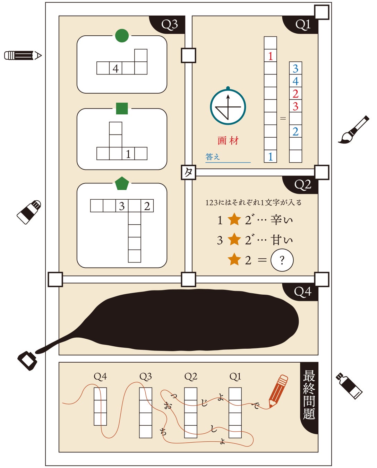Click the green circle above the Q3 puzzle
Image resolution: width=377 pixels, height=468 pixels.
[x=122, y=35]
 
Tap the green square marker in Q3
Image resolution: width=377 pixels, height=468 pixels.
[x=122, y=108]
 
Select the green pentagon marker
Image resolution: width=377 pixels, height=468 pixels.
[x=122, y=184]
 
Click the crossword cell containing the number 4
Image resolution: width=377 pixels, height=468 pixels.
[x=115, y=68]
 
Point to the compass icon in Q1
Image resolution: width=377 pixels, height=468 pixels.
[x=228, y=107]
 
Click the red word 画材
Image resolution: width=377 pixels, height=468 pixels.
[x=228, y=140]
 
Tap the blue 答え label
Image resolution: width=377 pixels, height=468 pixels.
[x=213, y=157]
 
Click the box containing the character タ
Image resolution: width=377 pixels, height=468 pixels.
[x=189, y=172]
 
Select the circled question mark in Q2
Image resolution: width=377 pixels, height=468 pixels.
[x=282, y=260]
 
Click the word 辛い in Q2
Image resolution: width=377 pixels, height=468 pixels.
[x=282, y=220]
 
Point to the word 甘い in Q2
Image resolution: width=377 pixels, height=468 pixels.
[x=282, y=240]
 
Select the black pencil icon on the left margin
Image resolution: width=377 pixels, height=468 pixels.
[x=23, y=55]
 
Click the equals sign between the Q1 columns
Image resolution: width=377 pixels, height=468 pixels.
[x=283, y=119]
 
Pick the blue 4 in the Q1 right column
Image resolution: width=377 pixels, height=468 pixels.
[x=295, y=81]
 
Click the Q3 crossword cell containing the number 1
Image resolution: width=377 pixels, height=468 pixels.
[x=128, y=153]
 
